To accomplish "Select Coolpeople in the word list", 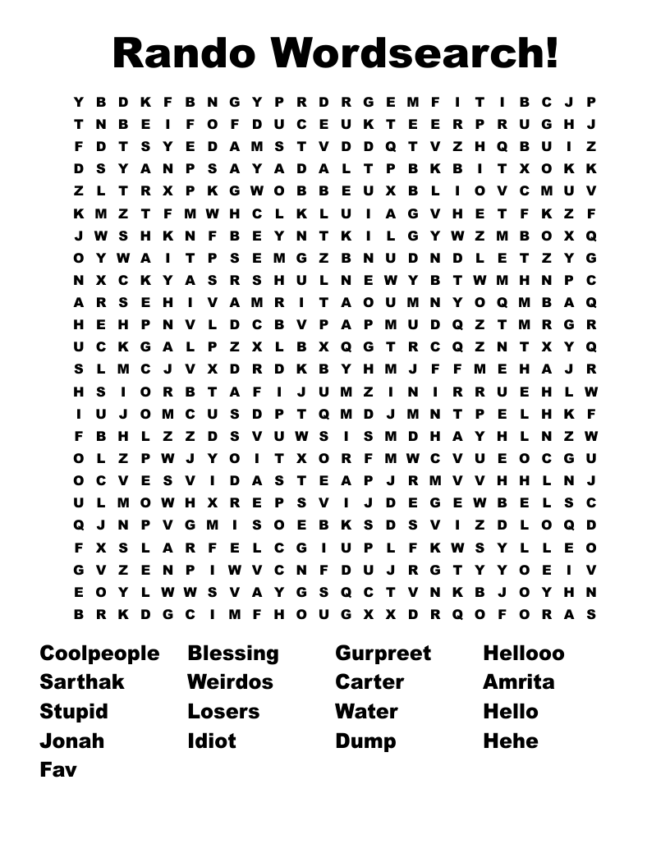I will coord(99,654).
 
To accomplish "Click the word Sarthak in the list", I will coord(82,682).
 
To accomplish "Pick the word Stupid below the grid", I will coord(74,711).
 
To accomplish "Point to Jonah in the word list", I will coord(72,741).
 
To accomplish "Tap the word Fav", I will coord(58,770).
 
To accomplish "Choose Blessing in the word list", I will coord(233,654).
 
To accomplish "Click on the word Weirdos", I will coord(230,682).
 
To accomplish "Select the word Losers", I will coord(223,711).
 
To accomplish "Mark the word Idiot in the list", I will coord(212,741).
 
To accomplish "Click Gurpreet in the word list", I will coord(383,654).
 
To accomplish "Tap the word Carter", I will coord(369,682).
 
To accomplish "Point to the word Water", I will coord(366,711).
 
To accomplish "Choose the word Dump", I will coord(365,741).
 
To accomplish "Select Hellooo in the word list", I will coord(524,654).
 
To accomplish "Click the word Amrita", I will coord(519,682).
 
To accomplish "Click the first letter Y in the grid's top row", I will coord(79,103).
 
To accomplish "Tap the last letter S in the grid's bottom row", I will coord(591,614).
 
